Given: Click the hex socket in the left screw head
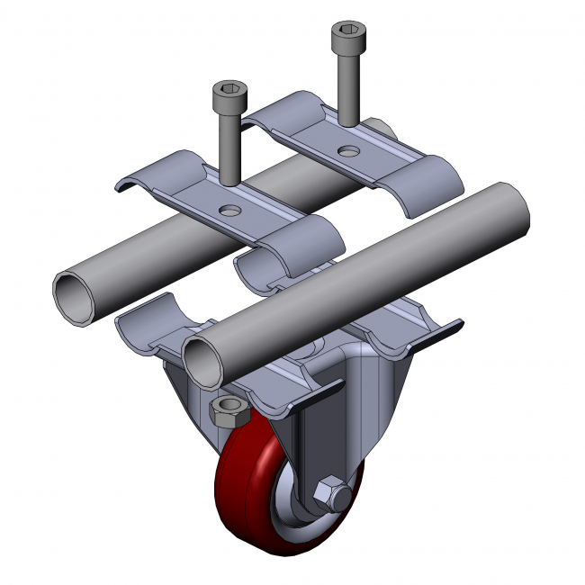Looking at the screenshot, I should pos(227,90).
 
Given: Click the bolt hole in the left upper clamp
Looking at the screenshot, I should pos(231,210).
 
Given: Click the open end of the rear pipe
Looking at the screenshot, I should pos(74,296).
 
